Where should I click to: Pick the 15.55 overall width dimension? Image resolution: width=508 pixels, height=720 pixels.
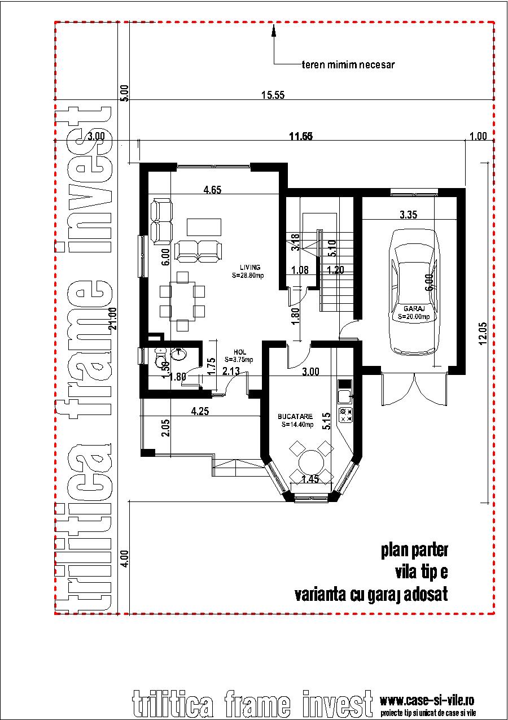point(272,95)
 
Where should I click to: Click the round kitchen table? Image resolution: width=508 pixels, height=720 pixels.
point(308,461)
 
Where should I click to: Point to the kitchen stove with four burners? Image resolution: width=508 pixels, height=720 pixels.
point(345,415)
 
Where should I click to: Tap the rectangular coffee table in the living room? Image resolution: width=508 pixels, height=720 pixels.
point(205,226)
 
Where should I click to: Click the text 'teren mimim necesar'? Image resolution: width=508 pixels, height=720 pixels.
point(348,64)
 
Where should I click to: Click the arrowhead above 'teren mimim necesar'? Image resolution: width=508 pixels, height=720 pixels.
point(274,31)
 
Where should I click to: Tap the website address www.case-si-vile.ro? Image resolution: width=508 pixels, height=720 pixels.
point(427,701)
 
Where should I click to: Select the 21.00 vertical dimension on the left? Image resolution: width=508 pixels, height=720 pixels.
point(113,318)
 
